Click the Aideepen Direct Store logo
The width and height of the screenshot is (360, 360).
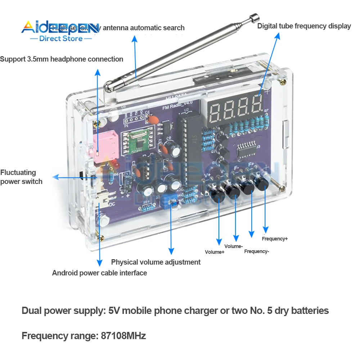pos(60,31)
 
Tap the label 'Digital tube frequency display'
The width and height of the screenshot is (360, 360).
pos(304,26)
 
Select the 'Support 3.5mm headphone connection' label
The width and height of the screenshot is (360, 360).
pos(62,59)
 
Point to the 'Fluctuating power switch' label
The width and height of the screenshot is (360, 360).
pos(21,177)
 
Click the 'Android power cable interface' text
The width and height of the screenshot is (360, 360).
pos(99,273)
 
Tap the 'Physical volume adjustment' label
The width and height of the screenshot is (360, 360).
pos(156,262)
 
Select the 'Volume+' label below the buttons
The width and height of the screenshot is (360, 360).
pos(215,252)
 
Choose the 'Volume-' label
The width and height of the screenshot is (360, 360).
pos(234,246)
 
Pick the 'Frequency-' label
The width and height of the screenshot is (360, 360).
pos(256,251)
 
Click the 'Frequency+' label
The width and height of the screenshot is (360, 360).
pos(275,239)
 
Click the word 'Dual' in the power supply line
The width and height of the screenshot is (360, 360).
pos(31,310)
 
